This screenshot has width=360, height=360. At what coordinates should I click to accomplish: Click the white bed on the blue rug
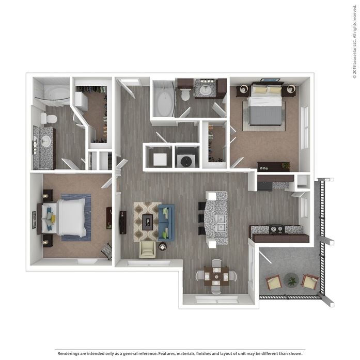(70, 217)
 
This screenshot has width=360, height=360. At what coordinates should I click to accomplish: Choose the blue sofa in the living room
(166, 222)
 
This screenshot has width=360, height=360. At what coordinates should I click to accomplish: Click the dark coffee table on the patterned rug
(148, 222)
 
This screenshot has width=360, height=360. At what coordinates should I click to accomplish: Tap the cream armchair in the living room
(148, 249)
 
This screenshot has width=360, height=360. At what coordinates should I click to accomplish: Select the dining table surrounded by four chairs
(216, 275)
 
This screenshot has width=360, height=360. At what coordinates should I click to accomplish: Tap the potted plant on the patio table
(292, 280)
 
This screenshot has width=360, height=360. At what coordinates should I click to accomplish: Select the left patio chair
(274, 282)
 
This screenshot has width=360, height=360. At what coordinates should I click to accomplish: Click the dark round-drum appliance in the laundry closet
(185, 161)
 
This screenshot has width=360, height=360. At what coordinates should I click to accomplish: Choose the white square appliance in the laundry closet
(160, 160)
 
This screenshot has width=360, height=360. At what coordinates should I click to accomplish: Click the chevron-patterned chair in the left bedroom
(106, 251)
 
